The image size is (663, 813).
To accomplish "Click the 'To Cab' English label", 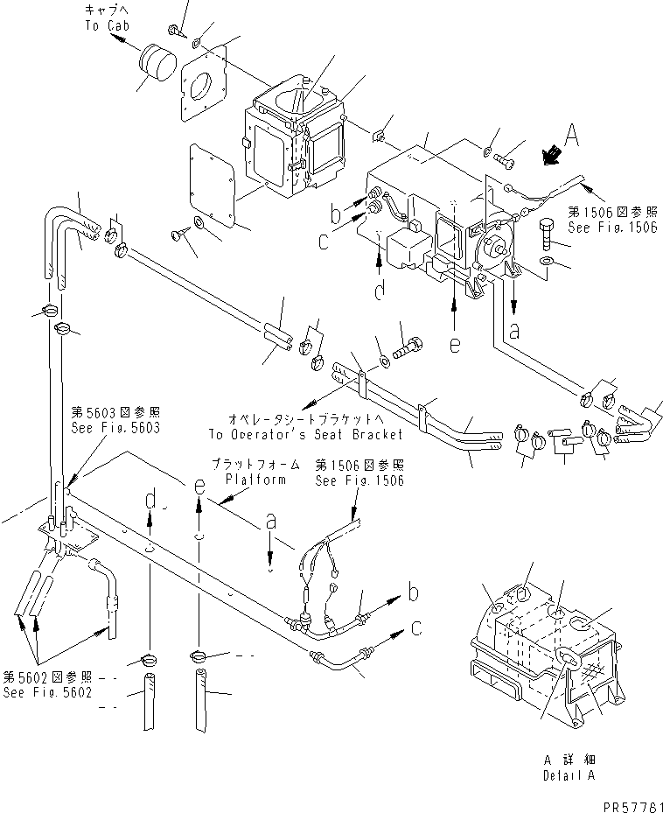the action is (x=108, y=25).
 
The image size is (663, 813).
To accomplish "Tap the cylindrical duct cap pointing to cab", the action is (x=157, y=62).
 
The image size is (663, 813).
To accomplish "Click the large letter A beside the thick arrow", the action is (x=571, y=136).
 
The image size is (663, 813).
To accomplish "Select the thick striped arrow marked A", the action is (x=552, y=155).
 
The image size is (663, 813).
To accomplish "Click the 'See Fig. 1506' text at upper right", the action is (x=612, y=228).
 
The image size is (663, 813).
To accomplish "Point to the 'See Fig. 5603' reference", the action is (x=115, y=428).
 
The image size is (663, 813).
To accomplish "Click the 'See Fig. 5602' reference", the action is (x=47, y=692).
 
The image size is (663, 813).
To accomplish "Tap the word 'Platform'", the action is (x=255, y=479).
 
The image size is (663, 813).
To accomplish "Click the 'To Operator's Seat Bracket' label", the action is (x=306, y=434).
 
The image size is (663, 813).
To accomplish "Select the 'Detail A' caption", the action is (x=569, y=775).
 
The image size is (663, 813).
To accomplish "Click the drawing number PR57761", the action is (x=632, y=806).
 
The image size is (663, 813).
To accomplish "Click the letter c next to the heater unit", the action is (x=324, y=242).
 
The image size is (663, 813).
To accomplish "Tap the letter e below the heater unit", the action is (x=455, y=344).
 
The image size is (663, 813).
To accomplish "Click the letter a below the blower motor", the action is (x=513, y=330).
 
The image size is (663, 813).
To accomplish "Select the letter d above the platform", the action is (x=150, y=500).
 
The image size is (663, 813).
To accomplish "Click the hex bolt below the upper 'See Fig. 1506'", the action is (x=547, y=234).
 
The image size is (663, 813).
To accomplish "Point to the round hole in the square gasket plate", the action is (x=201, y=86).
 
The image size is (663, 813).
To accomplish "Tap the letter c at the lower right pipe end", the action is (x=416, y=627).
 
